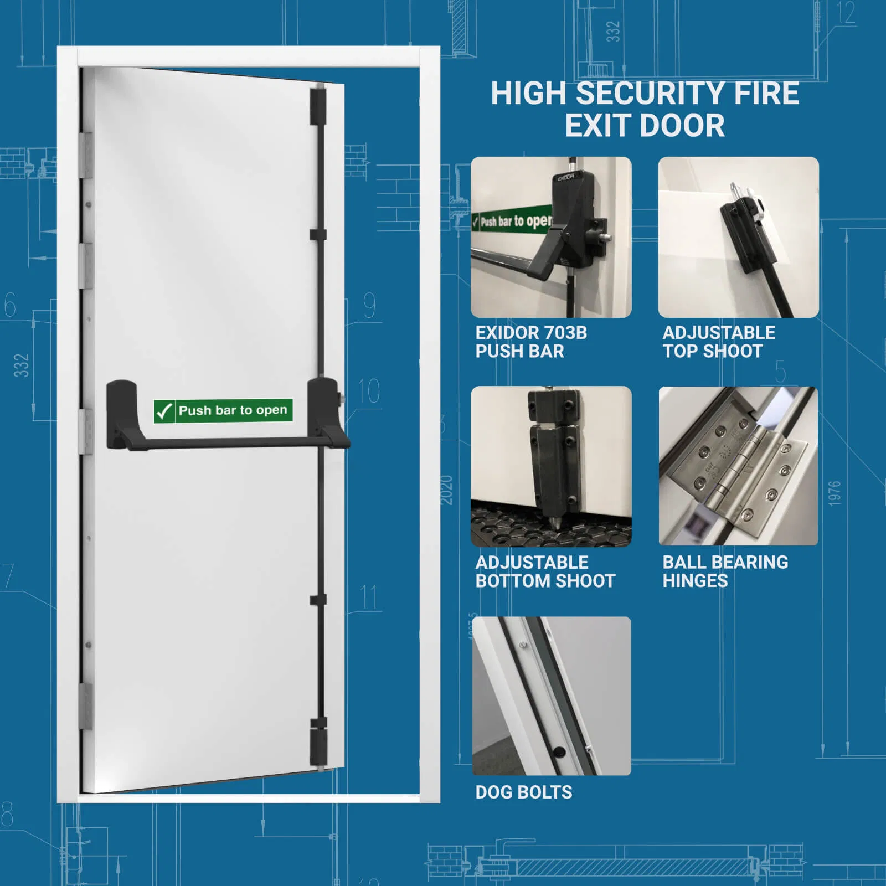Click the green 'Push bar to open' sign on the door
click(x=223, y=411)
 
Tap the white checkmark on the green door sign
click(x=164, y=411)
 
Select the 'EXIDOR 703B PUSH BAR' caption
click(x=530, y=342)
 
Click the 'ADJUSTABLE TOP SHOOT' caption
click(x=718, y=342)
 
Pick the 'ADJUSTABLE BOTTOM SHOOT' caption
click(x=545, y=571)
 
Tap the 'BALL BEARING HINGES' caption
click(x=724, y=571)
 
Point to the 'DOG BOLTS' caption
click(x=523, y=792)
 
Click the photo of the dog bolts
click(x=551, y=696)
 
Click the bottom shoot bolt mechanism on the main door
click(x=318, y=739)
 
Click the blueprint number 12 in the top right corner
click(x=846, y=13)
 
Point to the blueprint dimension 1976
click(x=835, y=493)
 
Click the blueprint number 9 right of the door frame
click(x=369, y=305)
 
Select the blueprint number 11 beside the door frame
click(x=369, y=597)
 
